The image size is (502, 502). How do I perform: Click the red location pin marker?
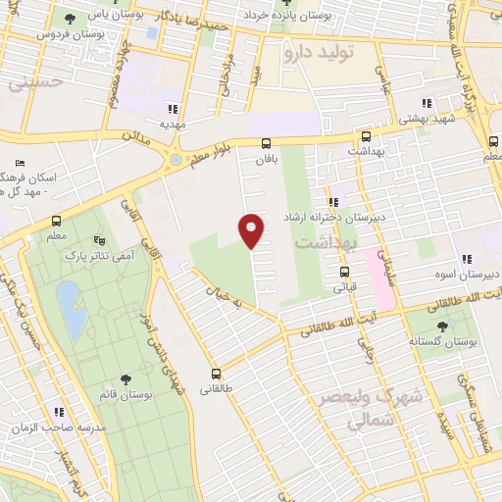252,228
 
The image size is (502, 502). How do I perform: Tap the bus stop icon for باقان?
266,143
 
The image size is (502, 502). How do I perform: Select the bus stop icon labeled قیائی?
345,273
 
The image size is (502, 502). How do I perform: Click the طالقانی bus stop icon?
216,374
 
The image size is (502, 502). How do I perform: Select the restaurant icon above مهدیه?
174,110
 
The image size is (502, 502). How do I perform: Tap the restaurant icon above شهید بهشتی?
427,103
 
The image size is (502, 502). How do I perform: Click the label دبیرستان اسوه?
468,275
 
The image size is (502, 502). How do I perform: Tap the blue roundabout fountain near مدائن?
176,160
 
